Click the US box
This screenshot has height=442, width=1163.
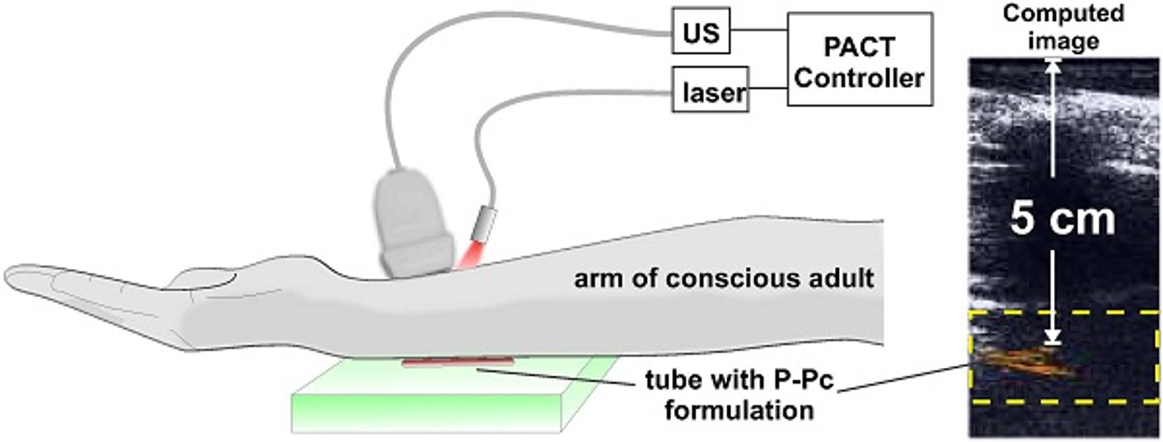pyautogui.click(x=701, y=31)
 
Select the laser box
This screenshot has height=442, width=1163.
pyautogui.click(x=710, y=89)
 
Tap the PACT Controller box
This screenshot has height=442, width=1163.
pyautogui.click(x=860, y=59)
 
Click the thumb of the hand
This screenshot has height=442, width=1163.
pyautogui.click(x=204, y=278)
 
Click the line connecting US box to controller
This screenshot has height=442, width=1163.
pyautogui.click(x=759, y=30)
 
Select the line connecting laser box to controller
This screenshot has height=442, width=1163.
pyautogui.click(x=768, y=88)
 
